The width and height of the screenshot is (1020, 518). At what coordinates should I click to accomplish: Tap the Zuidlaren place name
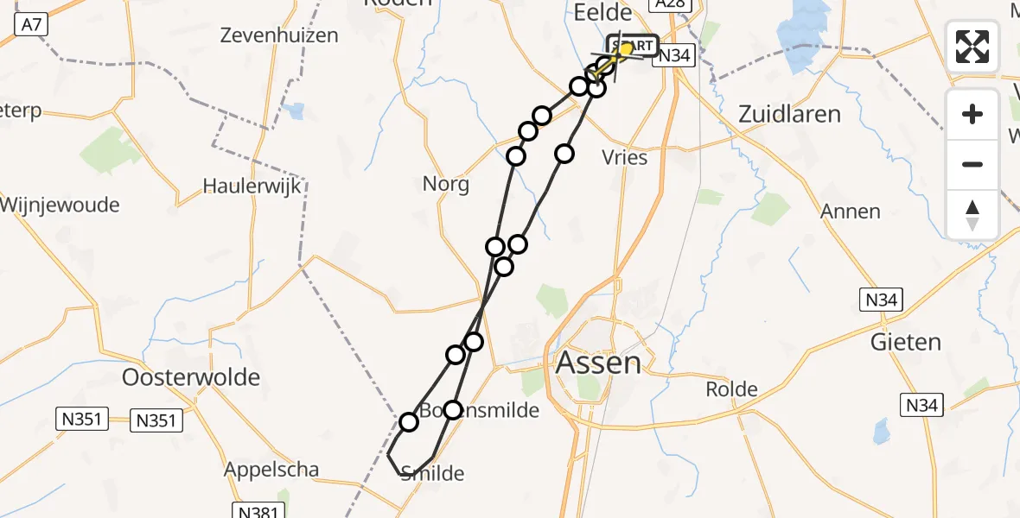pos(789,114)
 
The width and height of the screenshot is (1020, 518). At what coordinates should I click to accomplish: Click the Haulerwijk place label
pos(245,185)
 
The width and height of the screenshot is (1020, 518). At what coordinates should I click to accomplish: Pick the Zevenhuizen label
pos(279,36)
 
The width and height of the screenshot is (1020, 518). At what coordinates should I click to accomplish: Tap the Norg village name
pos(446,184)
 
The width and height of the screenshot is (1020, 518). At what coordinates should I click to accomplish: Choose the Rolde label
pos(732,389)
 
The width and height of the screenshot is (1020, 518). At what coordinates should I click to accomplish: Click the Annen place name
pos(851,212)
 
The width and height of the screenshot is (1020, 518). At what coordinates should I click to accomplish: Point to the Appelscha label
pos(271,471)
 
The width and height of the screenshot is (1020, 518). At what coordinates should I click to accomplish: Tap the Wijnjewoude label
pos(61,205)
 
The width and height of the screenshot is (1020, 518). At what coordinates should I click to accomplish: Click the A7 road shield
pos(31,26)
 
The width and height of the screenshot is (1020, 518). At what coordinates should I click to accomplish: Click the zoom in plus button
pos(972,114)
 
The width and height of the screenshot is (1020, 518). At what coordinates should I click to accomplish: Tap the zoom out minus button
pos(972,164)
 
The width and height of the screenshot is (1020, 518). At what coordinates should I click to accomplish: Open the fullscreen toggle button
pos(972,46)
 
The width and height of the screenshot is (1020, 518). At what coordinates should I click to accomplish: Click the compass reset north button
pos(972,214)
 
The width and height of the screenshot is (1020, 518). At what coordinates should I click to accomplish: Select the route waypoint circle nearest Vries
pos(564,154)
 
